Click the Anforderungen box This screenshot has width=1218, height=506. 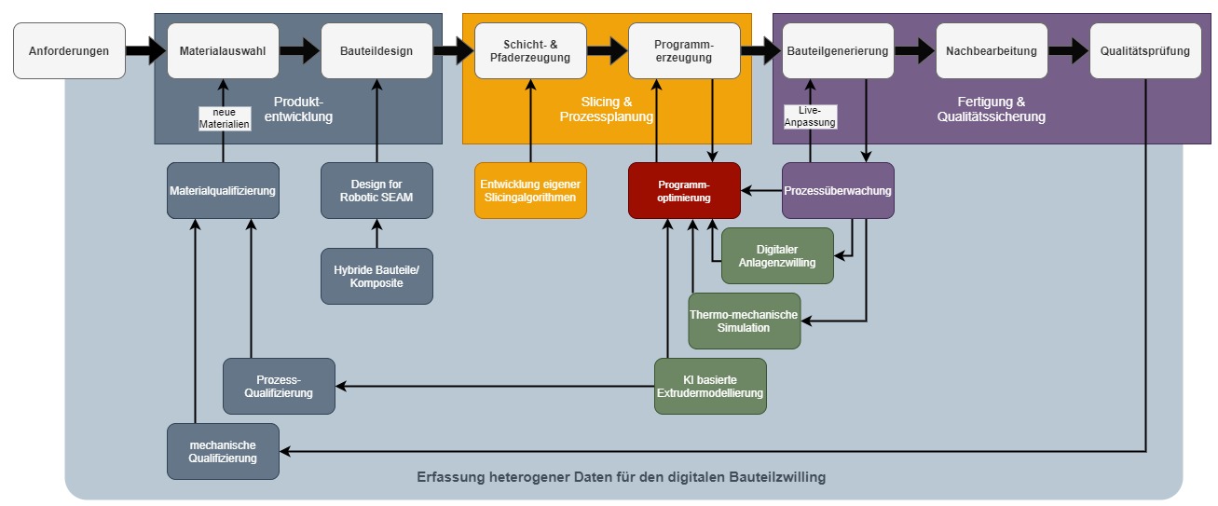69,51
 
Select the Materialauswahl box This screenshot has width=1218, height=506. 223,51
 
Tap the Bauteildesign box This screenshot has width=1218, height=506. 376,51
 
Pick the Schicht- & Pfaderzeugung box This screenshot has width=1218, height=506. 530,51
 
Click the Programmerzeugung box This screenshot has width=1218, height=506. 684,51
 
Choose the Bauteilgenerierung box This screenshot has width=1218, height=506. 838,51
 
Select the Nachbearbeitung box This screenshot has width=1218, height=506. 992,51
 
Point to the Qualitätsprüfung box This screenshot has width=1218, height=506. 1145,51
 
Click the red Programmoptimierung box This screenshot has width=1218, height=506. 684,191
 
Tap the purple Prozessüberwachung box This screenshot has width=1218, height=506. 838,191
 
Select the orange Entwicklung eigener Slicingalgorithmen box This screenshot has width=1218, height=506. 530,191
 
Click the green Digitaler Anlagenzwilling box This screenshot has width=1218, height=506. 777,256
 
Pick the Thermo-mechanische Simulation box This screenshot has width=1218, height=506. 744,321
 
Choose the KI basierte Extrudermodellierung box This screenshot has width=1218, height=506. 710,386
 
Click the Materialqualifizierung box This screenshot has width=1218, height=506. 223,191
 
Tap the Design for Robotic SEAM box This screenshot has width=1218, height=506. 376,191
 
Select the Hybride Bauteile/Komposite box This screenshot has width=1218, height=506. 376,276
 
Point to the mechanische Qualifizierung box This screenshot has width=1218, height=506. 223,451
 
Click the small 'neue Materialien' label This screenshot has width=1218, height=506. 225,118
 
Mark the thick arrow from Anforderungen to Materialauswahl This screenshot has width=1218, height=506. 145,51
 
